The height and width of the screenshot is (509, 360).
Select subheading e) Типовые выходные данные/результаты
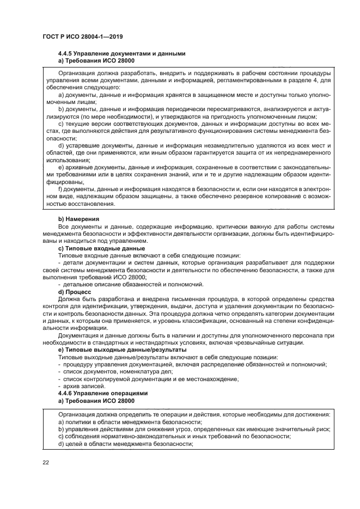coord(122,349)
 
